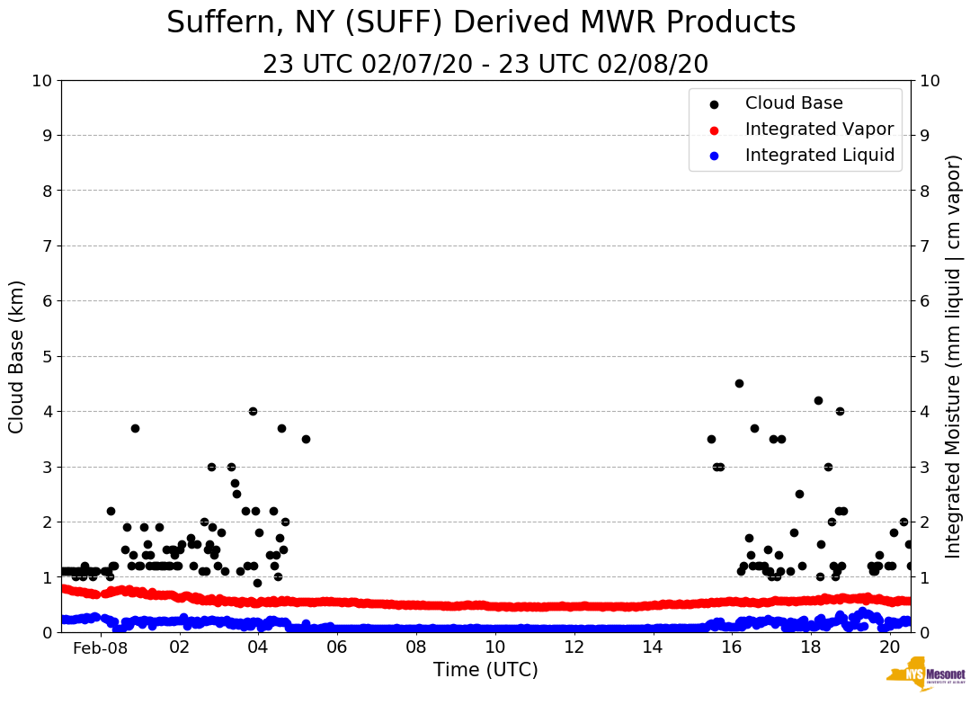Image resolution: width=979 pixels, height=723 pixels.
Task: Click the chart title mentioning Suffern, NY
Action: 481,23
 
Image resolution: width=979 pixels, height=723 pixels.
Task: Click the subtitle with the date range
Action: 485,65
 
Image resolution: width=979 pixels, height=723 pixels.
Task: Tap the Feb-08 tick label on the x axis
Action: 101,648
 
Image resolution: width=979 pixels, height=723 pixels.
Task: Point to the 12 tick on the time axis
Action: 574,647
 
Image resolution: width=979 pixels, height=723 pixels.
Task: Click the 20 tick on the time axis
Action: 889,647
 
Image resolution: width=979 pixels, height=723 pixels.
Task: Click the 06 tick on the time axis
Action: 337,647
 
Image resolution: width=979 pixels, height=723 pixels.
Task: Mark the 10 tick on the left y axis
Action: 42,81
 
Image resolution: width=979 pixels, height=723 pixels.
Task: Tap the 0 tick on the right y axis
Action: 925,632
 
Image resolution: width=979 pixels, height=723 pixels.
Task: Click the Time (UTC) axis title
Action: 485,670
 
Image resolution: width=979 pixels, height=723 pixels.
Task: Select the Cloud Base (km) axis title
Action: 17,356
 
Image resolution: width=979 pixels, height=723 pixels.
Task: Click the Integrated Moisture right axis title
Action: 954,356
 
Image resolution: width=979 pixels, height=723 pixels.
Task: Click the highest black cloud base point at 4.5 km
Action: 739,383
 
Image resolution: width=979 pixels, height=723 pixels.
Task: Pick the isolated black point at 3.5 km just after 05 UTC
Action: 306,439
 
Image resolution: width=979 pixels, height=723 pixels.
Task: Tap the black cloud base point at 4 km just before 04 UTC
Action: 253,411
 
